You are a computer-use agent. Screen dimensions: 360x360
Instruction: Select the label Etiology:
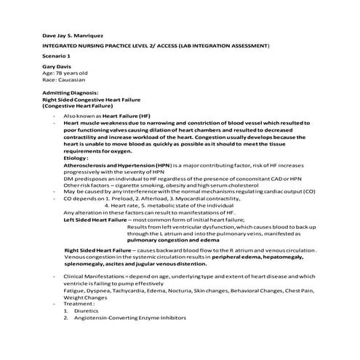[76, 157]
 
